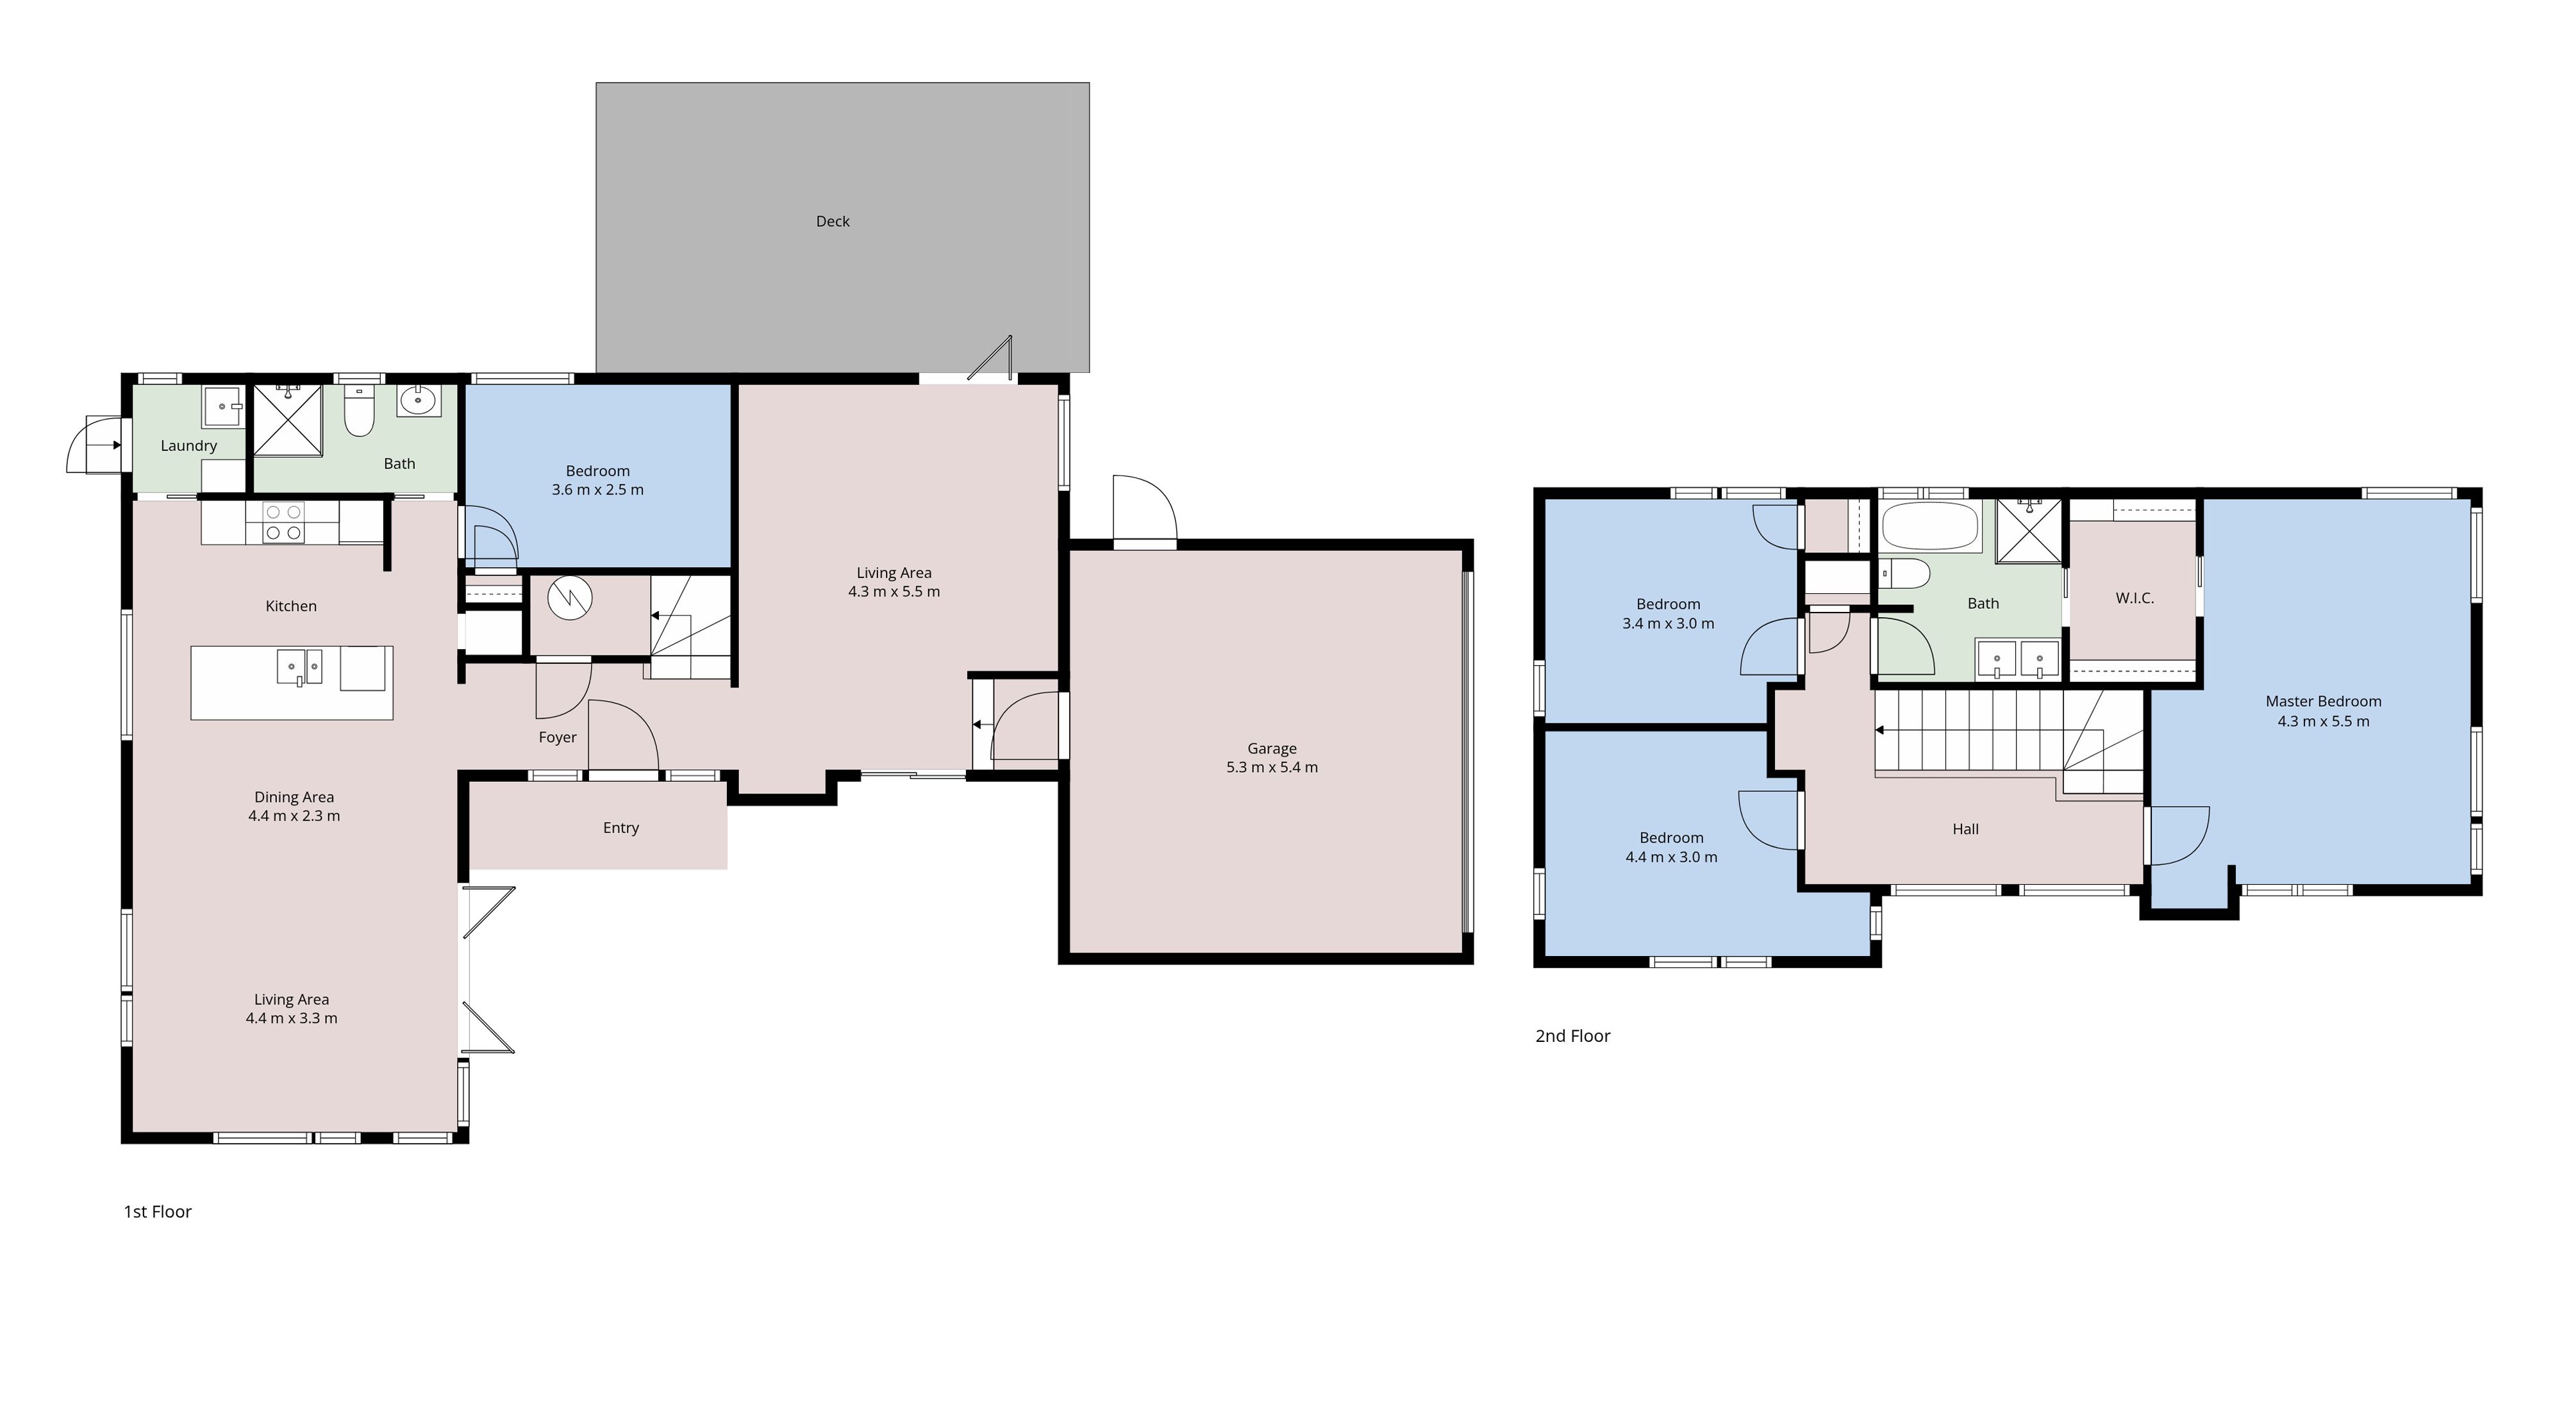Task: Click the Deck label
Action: pyautogui.click(x=832, y=221)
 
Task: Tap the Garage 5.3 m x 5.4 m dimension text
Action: pyautogui.click(x=1271, y=767)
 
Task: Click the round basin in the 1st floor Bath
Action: pyautogui.click(x=418, y=402)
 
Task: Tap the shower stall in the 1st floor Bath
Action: pyautogui.click(x=288, y=420)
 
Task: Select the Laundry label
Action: pyautogui.click(x=188, y=445)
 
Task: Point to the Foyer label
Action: pyautogui.click(x=558, y=737)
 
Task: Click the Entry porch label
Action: pyautogui.click(x=620, y=828)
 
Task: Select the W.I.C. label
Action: pyautogui.click(x=2134, y=598)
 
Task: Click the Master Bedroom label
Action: pyautogui.click(x=2323, y=700)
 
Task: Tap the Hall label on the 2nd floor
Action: pyautogui.click(x=1965, y=829)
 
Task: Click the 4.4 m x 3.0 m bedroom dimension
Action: pyautogui.click(x=1671, y=857)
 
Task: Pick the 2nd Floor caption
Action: pyautogui.click(x=1572, y=1036)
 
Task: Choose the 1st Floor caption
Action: pyautogui.click(x=157, y=1211)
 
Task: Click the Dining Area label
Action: pyautogui.click(x=294, y=797)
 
